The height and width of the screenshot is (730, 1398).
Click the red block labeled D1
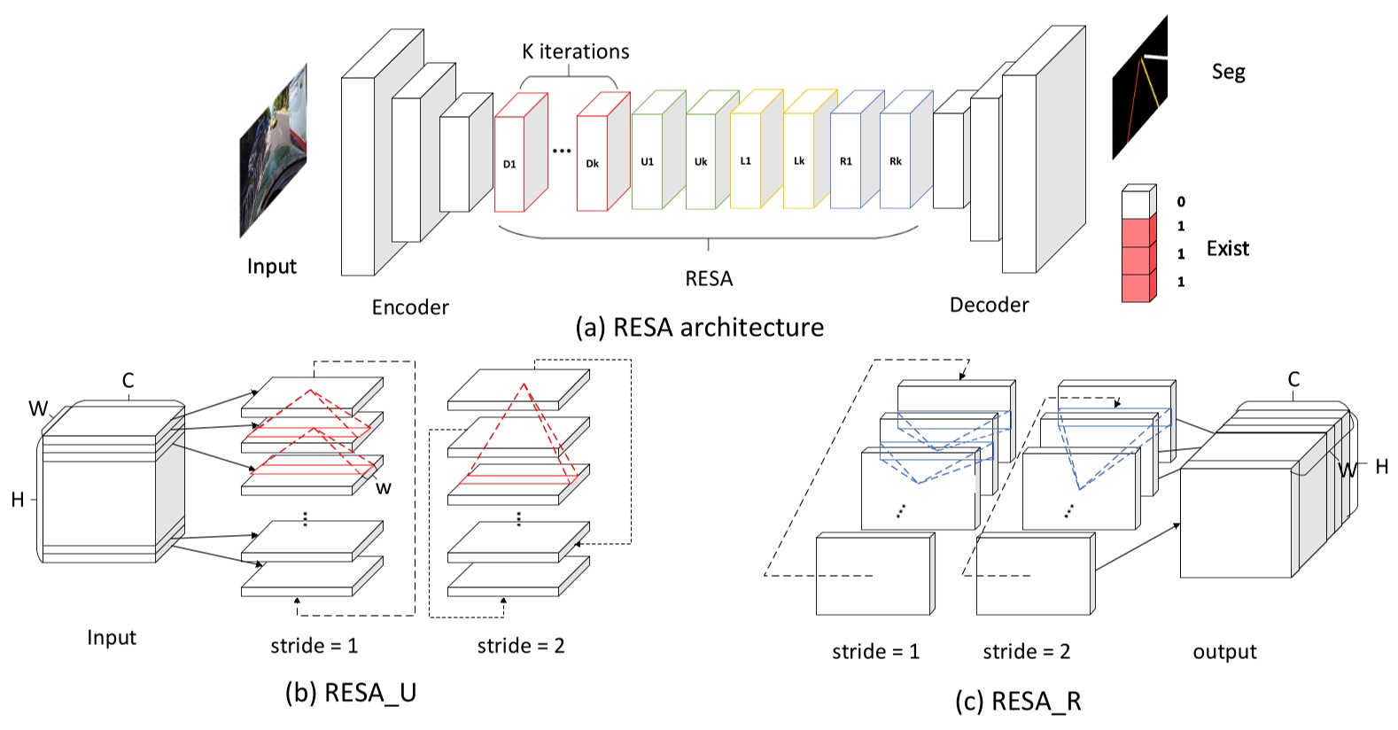(x=509, y=164)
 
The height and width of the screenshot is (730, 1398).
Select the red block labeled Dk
(x=592, y=163)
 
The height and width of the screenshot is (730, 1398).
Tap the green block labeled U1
(x=648, y=161)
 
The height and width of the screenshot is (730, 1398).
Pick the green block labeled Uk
(x=701, y=161)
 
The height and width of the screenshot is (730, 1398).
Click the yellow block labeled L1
(x=746, y=160)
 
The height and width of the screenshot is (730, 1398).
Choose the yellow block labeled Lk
(x=799, y=160)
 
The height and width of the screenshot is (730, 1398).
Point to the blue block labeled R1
(x=846, y=160)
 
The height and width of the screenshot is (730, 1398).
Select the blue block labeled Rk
(x=896, y=160)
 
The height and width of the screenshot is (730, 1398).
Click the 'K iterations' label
(x=576, y=51)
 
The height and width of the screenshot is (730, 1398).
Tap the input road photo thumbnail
(x=274, y=151)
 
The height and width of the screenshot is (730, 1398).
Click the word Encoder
(x=410, y=307)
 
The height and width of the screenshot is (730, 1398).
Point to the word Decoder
(x=989, y=305)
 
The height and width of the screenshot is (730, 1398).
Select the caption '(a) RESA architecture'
(x=699, y=328)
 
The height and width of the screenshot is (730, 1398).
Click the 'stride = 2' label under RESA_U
(x=521, y=646)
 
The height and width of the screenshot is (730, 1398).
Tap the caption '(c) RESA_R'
(x=1018, y=702)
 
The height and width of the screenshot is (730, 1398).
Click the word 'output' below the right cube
(x=1224, y=652)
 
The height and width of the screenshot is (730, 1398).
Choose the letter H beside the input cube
(x=18, y=500)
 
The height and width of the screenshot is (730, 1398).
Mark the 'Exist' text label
(x=1227, y=249)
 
